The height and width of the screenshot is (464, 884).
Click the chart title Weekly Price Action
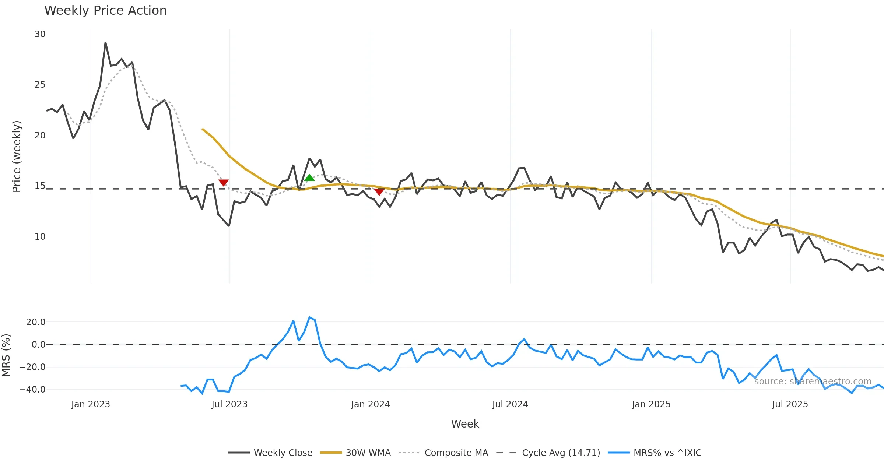tap(105, 11)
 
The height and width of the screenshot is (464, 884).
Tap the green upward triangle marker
tap(309, 178)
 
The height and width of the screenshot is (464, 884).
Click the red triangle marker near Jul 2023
tap(224, 182)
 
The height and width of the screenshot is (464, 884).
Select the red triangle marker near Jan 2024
tap(379, 191)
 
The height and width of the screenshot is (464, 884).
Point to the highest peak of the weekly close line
tap(105, 43)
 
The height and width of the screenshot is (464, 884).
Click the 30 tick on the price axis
tap(40, 34)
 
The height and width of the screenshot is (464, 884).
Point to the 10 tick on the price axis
tap(40, 237)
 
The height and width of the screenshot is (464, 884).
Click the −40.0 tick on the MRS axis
tap(32, 390)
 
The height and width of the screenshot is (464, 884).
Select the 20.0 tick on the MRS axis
tap(35, 322)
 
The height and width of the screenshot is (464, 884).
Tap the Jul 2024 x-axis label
tap(510, 404)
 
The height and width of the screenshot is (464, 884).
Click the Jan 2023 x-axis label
tap(91, 404)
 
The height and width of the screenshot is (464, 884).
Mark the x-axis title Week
tap(465, 424)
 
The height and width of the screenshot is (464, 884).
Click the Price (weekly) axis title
tap(17, 157)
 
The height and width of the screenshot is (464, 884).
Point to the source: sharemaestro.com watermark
tap(813, 382)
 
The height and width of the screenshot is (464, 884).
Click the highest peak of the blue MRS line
tap(310, 317)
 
